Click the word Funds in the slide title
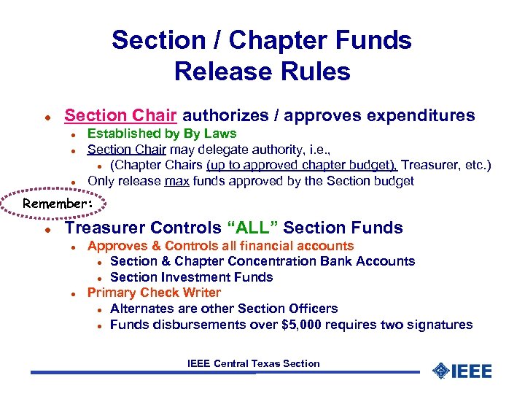point(373,40)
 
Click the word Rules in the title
point(316,72)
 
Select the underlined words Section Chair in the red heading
point(120,115)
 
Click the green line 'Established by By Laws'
point(162,134)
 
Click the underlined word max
point(177,181)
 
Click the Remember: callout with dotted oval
point(58,204)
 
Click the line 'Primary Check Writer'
point(154,293)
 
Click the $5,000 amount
point(305,325)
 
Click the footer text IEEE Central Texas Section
point(253,363)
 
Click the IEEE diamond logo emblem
point(440,371)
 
